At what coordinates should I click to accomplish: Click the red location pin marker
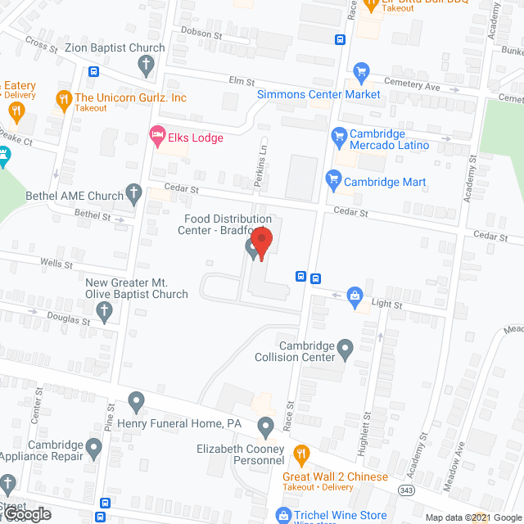tap(261, 243)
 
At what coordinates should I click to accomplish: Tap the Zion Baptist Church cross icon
tap(145, 65)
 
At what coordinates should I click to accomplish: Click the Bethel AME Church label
tap(74, 196)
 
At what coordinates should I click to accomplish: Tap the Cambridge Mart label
tap(385, 182)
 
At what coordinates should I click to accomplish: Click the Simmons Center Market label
tap(318, 94)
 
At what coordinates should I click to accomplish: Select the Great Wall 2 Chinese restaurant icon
tap(300, 453)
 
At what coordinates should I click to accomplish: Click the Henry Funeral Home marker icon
tap(136, 402)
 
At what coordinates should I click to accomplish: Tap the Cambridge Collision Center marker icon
tap(346, 350)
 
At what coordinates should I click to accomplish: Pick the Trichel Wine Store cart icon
tap(283, 515)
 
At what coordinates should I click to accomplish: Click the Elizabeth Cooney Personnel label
tap(240, 455)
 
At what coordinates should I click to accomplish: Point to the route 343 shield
tap(406, 489)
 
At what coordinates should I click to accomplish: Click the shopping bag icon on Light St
tap(355, 294)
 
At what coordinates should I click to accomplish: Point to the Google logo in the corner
tap(25, 513)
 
